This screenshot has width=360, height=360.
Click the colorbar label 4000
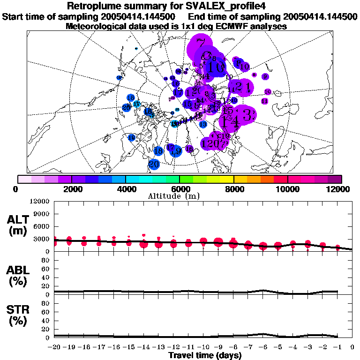point(126,189)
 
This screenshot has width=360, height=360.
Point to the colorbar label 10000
point(287,189)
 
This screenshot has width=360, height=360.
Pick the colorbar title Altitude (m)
point(180,195)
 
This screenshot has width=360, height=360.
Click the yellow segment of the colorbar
point(227,179)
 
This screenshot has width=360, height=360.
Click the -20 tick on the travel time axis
point(54,347)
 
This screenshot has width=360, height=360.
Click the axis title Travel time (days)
point(205,355)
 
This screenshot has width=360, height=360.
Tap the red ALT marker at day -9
point(218,242)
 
